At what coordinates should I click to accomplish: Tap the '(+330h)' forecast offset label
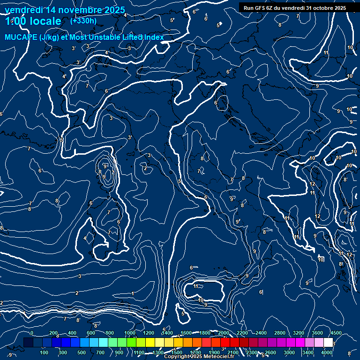[83, 21]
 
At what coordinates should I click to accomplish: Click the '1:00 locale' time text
[33, 21]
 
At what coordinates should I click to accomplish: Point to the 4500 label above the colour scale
[336, 333]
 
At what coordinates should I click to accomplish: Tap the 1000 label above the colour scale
[130, 333]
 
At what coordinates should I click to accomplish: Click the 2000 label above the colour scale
[224, 333]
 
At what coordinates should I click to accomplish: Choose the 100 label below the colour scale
[45, 352]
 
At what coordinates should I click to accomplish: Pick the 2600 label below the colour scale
[270, 352]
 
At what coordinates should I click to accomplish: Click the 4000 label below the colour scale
[327, 352]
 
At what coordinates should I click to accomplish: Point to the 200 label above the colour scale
[53, 333]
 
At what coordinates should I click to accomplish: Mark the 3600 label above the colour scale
[317, 333]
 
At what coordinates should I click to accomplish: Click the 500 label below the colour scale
[82, 352]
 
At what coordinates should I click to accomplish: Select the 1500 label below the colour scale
[177, 352]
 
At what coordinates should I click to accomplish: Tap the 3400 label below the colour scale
[308, 352]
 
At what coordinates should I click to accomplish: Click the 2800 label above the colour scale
[280, 333]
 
